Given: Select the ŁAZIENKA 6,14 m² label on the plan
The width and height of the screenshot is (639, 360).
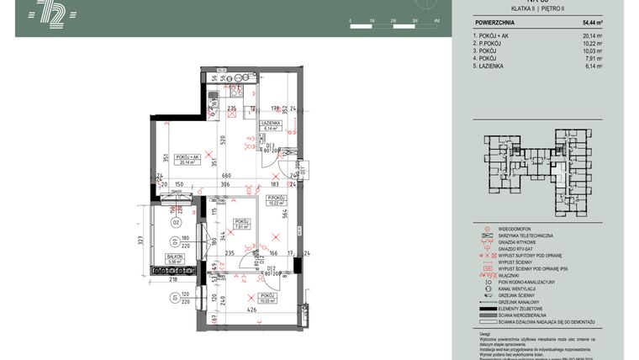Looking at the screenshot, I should click(270, 125).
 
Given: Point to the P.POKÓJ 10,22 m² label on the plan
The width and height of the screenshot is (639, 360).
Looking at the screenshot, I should click(277, 201).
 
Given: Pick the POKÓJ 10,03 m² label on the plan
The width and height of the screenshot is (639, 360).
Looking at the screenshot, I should click(267, 299).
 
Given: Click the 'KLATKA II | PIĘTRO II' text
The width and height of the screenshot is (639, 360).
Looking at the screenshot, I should click(531, 8).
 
